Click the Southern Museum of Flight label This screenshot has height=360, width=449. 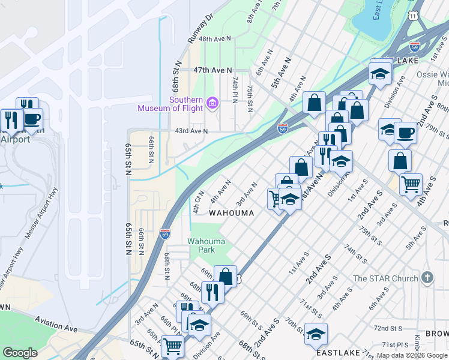coord(170,104)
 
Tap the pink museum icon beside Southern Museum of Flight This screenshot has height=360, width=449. coord(211,104)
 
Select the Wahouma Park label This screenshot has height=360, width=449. coord(206,245)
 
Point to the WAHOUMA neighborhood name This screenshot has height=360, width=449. coord(231,213)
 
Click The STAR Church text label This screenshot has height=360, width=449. coord(385,278)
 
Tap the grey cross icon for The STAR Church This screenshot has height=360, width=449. coord(427,277)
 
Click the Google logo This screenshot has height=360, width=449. coord(20,353)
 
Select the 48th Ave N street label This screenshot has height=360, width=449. coord(215,38)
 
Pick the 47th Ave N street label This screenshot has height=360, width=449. coord(212,70)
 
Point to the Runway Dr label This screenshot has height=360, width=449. coord(200,29)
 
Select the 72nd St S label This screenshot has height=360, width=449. coord(388,328)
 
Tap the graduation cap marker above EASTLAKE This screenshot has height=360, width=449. coord(316,334)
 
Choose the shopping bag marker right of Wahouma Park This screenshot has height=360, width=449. coord(225,276)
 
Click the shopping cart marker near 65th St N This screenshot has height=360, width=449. coord(172,345)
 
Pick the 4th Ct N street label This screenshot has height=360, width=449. coord(198,202)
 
